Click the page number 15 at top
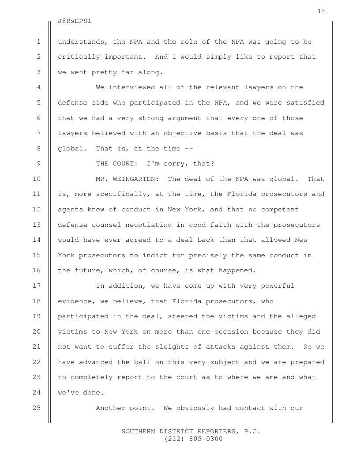pos(322,11)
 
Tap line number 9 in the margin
pos(39,164)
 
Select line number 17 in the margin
pos(37,286)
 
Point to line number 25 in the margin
pos(37,407)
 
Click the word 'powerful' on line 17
pos(277,286)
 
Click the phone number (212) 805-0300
pos(194,439)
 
